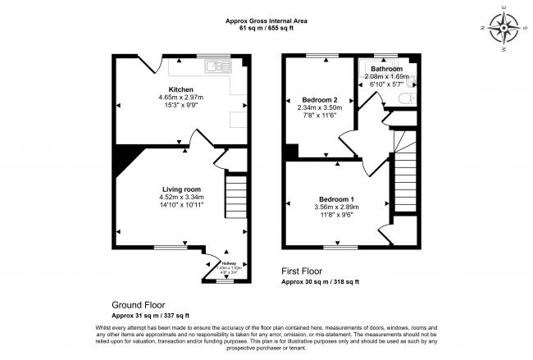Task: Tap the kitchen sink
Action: [216, 66]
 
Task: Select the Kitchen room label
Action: [181, 89]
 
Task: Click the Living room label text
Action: [181, 189]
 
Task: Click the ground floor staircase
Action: [235, 195]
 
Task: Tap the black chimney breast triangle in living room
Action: [125, 159]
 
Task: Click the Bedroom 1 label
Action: [337, 198]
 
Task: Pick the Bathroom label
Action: [386, 69]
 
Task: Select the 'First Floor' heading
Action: [301, 271]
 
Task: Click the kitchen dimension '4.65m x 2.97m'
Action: [181, 98]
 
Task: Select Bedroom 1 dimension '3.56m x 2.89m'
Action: [337, 207]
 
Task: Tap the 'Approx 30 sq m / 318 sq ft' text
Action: [321, 281]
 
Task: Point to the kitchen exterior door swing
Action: [145, 62]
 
